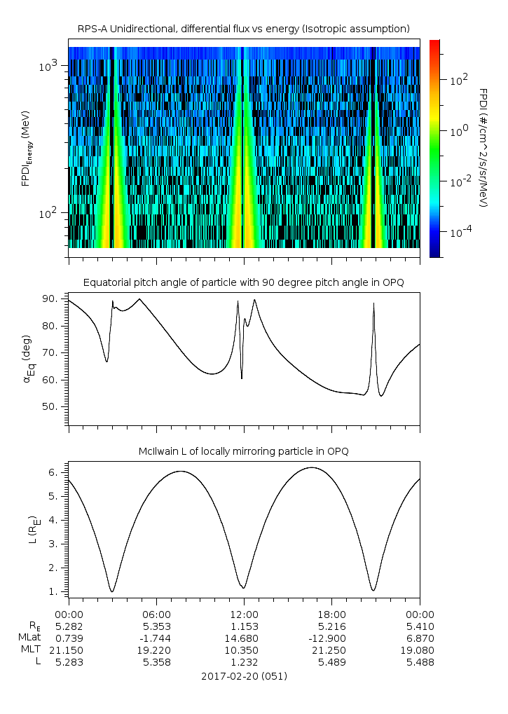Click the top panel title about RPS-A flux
[243, 28]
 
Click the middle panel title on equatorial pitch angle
[243, 282]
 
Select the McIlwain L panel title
[243, 451]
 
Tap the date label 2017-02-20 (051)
[244, 676]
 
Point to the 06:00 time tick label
[156, 613]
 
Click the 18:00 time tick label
[331, 613]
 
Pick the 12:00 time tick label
[244, 613]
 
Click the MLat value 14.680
[244, 638]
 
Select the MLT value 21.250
[331, 650]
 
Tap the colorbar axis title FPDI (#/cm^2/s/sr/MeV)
[483, 147]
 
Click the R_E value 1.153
[244, 626]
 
